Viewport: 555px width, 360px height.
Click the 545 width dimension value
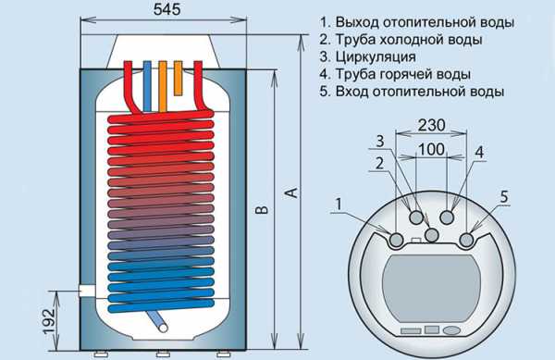pos(167,9)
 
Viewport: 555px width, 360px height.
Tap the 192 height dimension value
pos(50,321)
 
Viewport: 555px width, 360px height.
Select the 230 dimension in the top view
pos(431,125)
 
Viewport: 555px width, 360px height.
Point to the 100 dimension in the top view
pos(431,149)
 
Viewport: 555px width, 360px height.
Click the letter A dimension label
pos(292,192)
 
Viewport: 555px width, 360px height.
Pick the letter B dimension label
pos(262,210)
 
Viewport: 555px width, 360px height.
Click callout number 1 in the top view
pos(339,205)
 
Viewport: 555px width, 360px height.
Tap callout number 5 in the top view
pos(504,197)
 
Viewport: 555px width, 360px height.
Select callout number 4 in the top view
pos(479,152)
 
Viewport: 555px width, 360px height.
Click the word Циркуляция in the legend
pos(376,56)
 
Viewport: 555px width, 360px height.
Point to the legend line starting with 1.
pos(417,22)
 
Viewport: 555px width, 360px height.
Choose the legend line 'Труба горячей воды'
pos(403,74)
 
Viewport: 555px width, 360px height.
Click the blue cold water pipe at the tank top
pos(147,87)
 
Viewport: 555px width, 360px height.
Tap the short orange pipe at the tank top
pos(178,79)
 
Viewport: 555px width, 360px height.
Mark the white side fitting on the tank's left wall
pos(87,291)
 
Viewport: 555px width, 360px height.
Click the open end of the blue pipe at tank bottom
pos(163,328)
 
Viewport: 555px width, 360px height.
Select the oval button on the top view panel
pos(451,330)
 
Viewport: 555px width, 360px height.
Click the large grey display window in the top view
pos(431,288)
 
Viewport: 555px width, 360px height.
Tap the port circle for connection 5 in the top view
pos(466,240)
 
